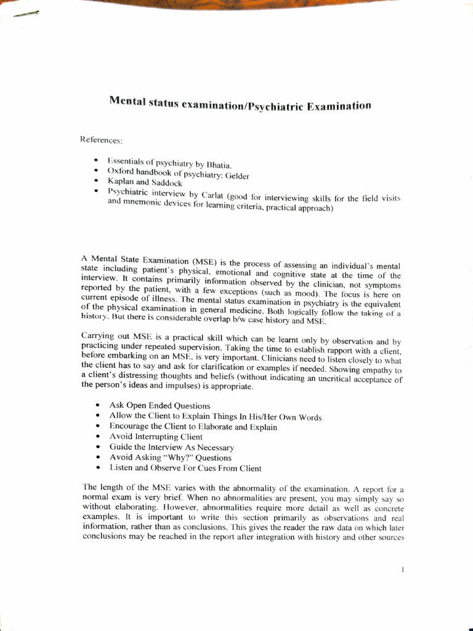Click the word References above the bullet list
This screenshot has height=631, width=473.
[97, 140]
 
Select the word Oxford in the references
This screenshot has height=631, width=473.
[121, 171]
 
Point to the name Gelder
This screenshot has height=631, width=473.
[237, 176]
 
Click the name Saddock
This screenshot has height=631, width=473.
[165, 183]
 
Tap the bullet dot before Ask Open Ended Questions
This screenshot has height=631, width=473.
[99, 405]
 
